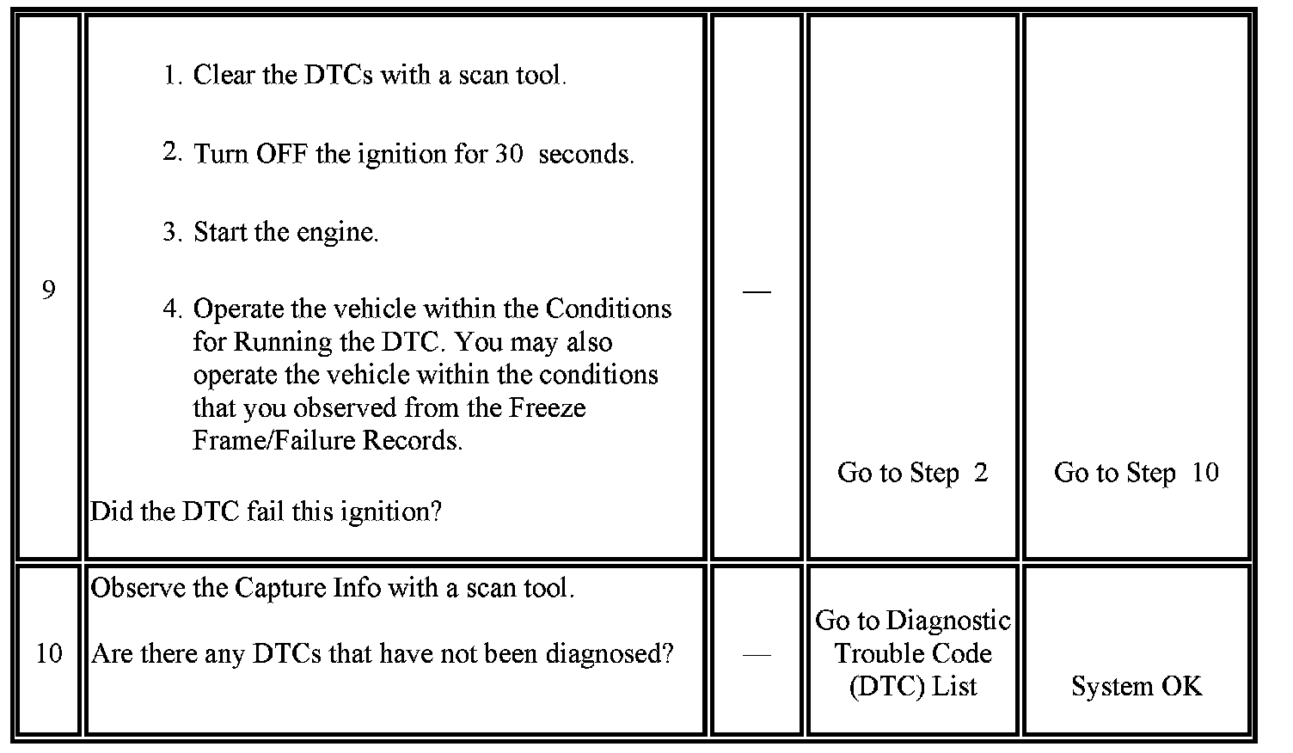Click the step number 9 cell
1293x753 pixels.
(x=48, y=291)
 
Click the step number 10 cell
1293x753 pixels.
(x=48, y=654)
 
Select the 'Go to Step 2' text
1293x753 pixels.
(x=912, y=473)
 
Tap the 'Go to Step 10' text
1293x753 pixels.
(x=1136, y=473)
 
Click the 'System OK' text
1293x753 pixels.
(x=1136, y=686)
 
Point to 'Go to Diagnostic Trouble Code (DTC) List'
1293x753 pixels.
(x=912, y=653)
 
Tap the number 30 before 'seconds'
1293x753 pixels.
(x=508, y=155)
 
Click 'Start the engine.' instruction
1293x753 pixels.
(x=285, y=232)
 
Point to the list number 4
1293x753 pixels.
(x=172, y=309)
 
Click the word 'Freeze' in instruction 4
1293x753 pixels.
(x=547, y=407)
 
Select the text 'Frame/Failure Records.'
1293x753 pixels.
(x=328, y=440)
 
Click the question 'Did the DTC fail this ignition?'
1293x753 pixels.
(x=266, y=512)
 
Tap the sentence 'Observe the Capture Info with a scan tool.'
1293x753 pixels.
(x=332, y=589)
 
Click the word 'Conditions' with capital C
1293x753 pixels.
(x=608, y=309)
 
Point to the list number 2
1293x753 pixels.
(x=171, y=153)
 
